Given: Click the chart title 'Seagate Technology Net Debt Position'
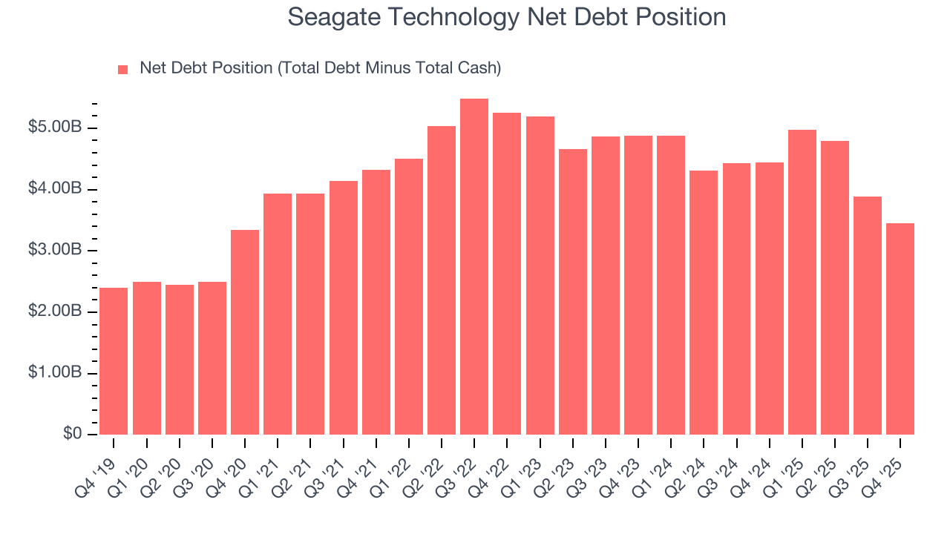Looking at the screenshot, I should [507, 17].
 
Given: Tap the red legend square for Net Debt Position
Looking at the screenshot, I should [123, 69].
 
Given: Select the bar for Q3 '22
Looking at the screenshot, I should [474, 267].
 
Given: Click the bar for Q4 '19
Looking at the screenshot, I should [114, 361].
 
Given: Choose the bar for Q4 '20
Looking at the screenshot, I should [245, 332].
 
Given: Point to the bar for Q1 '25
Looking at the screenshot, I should [802, 282].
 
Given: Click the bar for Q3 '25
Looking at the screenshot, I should [868, 315].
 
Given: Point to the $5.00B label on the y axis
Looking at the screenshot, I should [54, 128].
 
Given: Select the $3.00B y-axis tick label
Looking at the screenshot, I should [54, 251].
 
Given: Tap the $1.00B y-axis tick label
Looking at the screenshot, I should [54, 373].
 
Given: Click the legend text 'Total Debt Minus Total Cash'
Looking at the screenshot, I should [389, 68].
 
